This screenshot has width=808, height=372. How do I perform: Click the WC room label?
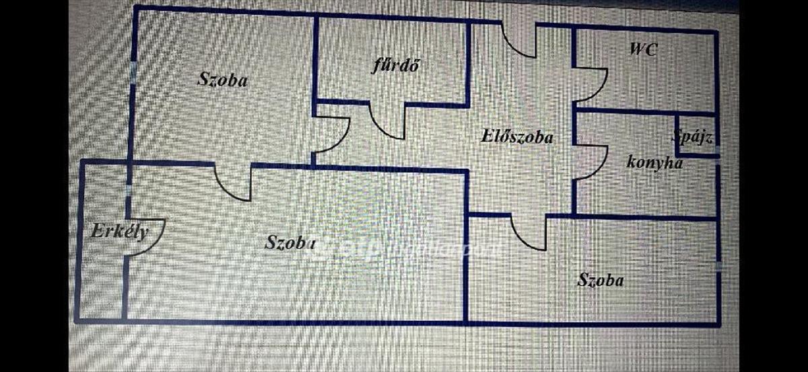643,48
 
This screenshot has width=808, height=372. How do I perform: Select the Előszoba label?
517,137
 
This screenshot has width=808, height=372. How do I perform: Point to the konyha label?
654,162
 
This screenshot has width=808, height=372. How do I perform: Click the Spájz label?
692,137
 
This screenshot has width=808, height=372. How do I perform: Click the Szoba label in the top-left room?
223,80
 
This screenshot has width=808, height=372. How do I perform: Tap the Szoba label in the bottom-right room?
601,280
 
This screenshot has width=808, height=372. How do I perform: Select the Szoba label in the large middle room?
290,242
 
